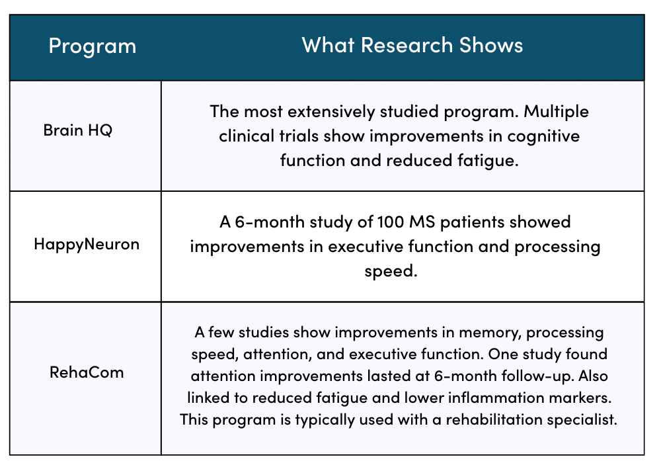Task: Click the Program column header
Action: click(93, 46)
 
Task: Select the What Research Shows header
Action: click(412, 45)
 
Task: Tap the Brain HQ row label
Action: click(78, 130)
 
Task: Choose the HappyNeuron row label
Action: click(87, 245)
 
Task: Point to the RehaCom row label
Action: click(87, 372)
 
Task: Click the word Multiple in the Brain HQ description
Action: click(556, 112)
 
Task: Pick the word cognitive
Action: click(543, 137)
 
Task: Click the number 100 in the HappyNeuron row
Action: click(391, 222)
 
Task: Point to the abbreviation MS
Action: click(422, 222)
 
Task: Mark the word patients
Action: click(472, 222)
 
